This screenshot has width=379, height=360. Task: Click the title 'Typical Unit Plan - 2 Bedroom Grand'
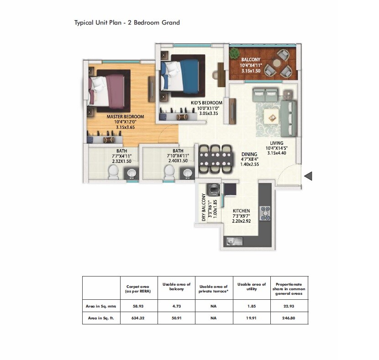coord(127,22)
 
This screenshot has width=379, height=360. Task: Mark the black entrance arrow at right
coord(308,176)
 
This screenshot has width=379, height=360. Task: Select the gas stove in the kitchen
coord(265,213)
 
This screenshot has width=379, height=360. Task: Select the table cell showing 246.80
coord(289,318)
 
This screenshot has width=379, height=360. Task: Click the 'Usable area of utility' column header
coord(251,287)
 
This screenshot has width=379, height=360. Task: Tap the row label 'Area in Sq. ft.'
coord(101,318)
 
